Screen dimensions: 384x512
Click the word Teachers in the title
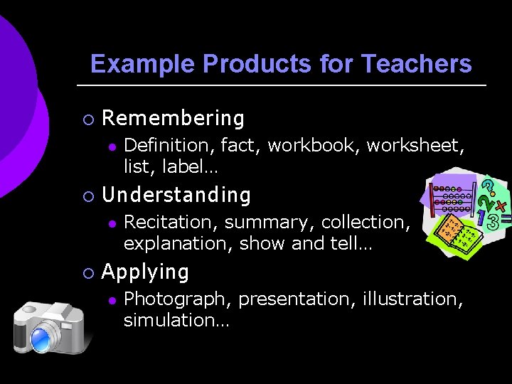click(x=416, y=64)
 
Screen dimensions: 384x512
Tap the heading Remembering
click(x=173, y=118)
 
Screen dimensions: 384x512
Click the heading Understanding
click(x=176, y=195)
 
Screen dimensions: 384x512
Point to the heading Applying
click(x=145, y=272)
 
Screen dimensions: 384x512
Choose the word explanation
click(x=178, y=244)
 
